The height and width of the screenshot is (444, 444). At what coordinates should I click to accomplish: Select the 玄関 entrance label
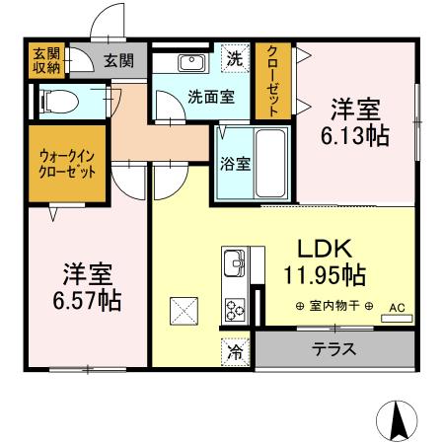pos(120,61)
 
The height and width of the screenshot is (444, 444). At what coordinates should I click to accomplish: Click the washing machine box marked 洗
pos(235,58)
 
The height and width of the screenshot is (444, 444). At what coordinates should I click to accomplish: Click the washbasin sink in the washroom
pos(189,63)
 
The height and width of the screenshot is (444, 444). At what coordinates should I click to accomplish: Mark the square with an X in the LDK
pos(185,311)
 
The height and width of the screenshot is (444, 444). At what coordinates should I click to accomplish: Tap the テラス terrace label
pos(334,350)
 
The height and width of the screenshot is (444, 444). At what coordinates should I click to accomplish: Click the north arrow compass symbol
pos(400,421)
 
